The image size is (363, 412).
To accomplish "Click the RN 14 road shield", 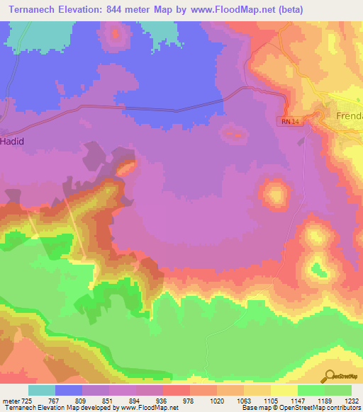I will (x=286, y=122).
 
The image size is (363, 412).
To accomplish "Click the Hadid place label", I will (x=12, y=142).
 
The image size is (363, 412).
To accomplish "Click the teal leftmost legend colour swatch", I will (x=42, y=390).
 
